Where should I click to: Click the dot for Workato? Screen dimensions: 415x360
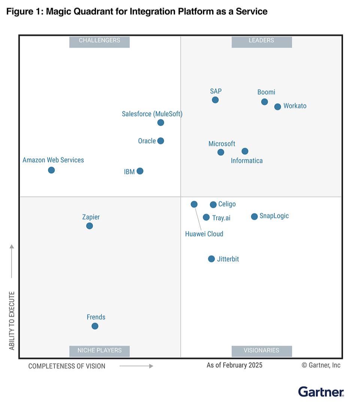click(278, 107)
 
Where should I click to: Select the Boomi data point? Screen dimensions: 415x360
click(264, 102)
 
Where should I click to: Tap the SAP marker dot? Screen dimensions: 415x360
click(215, 100)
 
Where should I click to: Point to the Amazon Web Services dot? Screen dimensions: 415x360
click(51, 170)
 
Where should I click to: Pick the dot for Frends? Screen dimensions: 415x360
click(95, 326)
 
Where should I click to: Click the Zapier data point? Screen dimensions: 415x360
click(89, 226)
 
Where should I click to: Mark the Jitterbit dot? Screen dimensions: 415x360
click(211, 259)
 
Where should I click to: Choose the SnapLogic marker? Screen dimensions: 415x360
click(254, 216)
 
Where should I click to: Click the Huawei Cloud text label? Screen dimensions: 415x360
click(204, 234)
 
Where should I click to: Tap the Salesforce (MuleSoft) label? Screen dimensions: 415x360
click(152, 114)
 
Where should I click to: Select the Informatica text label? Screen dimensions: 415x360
click(246, 161)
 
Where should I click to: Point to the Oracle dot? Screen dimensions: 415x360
click(161, 141)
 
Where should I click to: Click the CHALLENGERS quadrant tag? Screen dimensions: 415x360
click(99, 40)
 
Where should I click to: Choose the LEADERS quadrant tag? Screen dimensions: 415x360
click(261, 40)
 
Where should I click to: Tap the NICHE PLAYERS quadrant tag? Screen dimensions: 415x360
click(99, 351)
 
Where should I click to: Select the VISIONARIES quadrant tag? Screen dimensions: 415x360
click(261, 351)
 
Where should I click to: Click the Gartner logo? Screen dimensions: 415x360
click(321, 392)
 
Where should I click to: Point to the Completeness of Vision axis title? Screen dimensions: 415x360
click(67, 366)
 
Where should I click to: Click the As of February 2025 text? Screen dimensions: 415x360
click(235, 365)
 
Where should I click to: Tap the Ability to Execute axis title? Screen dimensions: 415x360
click(12, 321)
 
